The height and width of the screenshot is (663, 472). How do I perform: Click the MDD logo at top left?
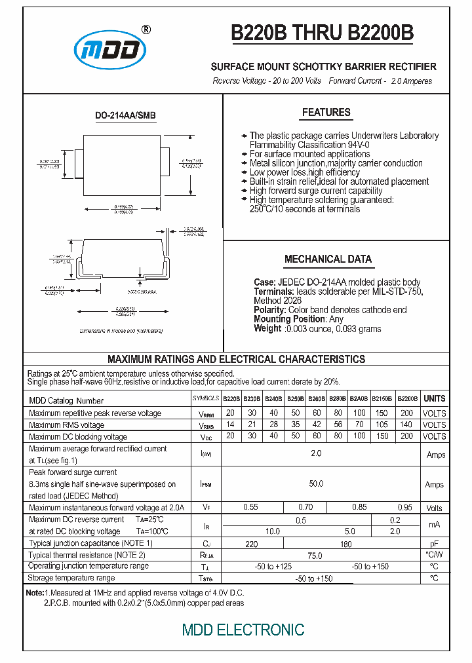coord(110,49)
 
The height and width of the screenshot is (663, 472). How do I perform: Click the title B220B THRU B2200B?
coord(322,34)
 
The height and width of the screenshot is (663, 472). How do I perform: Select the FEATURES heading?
coord(326,113)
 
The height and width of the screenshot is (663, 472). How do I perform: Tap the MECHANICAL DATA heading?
coord(328,259)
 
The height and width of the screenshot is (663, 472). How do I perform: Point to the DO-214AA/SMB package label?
coord(125,116)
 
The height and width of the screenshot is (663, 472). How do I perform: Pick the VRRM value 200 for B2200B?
coord(406,413)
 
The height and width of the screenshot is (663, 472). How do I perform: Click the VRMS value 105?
coord(382,425)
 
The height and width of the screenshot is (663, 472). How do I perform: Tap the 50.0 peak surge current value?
coord(316,484)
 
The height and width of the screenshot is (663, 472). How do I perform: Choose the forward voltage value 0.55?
coord(250,508)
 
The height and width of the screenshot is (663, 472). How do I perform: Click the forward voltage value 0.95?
coord(406,508)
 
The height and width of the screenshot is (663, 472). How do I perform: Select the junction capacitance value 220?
coord(250,544)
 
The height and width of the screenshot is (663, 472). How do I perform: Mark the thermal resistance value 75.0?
coord(315,556)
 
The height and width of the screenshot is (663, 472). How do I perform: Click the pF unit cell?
coord(434,544)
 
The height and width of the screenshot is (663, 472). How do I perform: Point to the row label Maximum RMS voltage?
coord(66,425)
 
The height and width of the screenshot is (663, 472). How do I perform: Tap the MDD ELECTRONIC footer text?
coord(243,630)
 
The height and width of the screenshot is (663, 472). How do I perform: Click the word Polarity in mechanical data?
coord(269,310)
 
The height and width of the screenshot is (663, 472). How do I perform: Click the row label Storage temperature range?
coord(71,578)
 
